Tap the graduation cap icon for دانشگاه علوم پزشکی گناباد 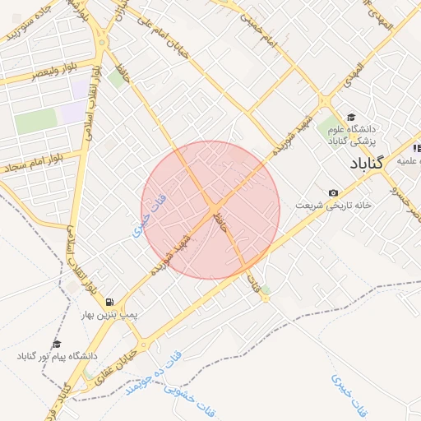352,117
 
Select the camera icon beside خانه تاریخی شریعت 333,192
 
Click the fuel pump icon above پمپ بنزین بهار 109,300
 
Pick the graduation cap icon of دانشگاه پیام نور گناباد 57,344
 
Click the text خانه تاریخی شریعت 334,205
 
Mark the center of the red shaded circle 210,210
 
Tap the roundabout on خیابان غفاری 145,345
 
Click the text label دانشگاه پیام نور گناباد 58,357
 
